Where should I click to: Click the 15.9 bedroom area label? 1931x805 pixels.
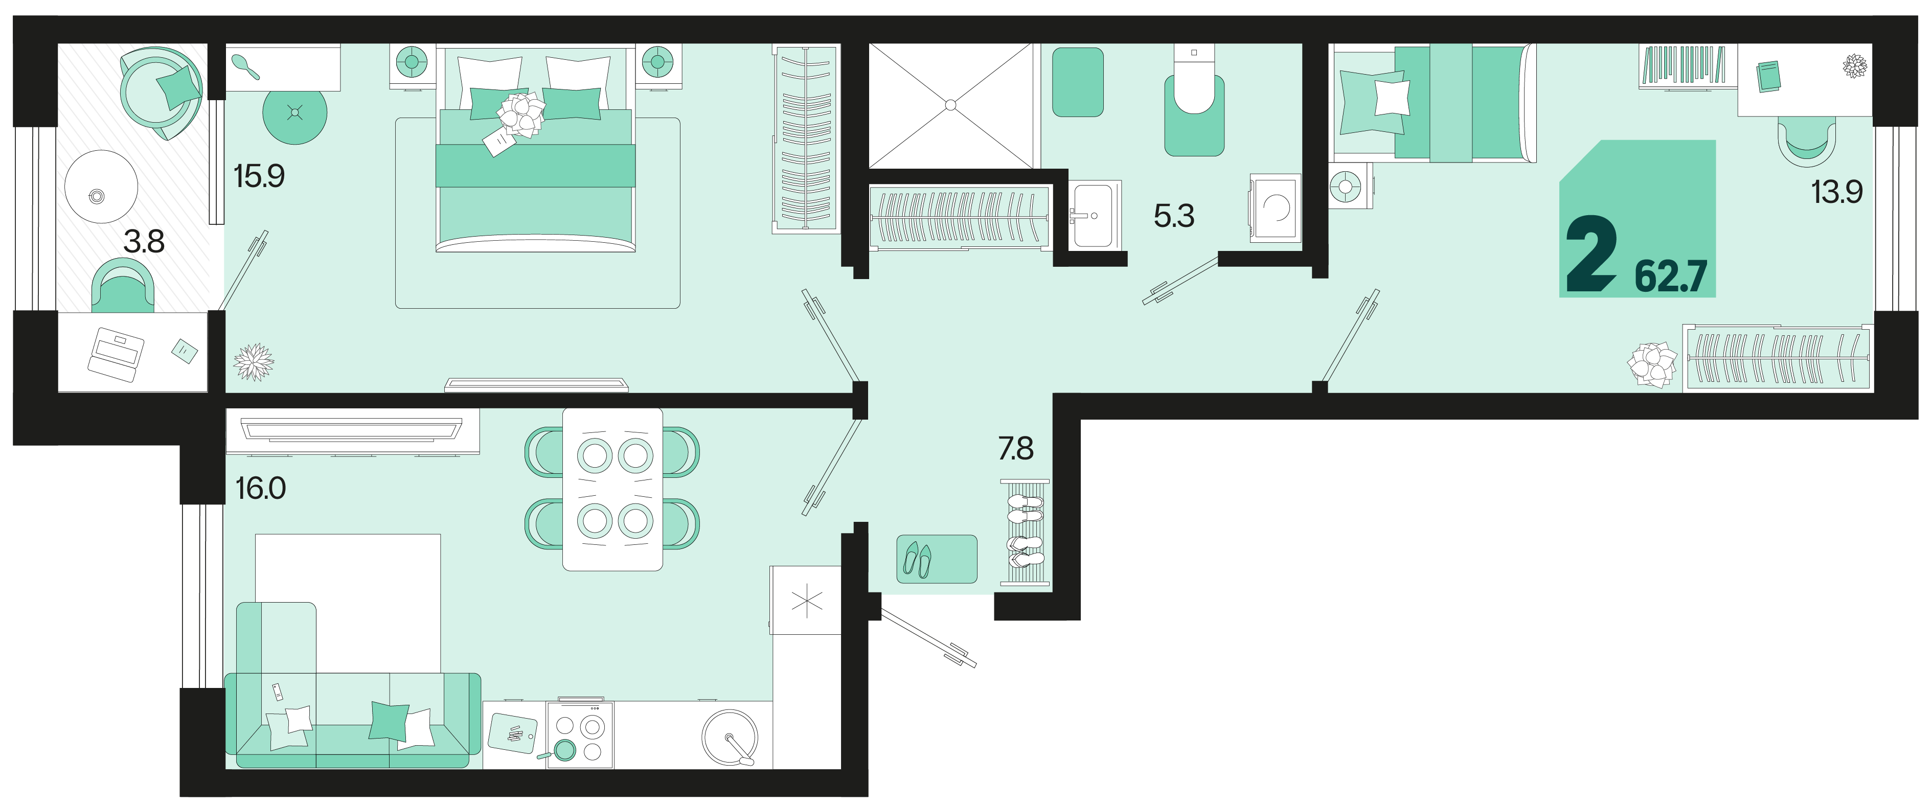tap(259, 176)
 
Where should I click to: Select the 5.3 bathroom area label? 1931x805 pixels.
tap(1174, 216)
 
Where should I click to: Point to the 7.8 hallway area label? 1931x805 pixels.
tap(1016, 448)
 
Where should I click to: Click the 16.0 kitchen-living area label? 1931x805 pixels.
tap(260, 488)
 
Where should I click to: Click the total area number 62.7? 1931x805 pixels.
tap(1670, 276)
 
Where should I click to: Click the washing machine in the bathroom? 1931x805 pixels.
tap(1275, 208)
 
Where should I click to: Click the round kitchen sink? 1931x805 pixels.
tap(730, 738)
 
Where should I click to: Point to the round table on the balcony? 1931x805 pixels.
tap(101, 187)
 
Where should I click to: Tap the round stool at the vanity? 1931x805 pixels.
tap(294, 113)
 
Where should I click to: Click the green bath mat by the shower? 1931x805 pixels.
tap(1077, 82)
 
